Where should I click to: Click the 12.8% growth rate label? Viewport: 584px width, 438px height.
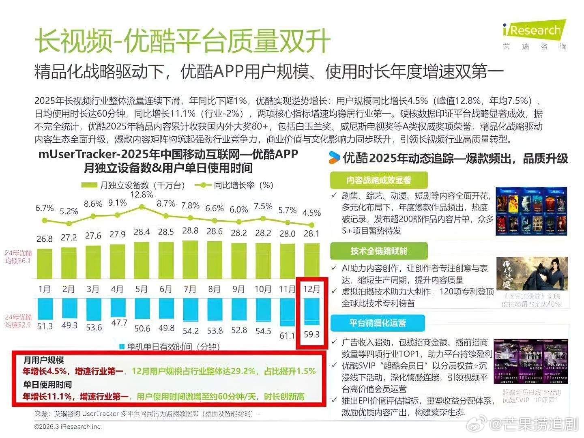pyautogui.click(x=142, y=195)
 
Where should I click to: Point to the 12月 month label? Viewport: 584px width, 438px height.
pyautogui.click(x=311, y=289)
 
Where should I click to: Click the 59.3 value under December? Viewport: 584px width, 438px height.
pyautogui.click(x=311, y=335)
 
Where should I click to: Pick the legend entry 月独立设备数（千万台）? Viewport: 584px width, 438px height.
pyautogui.click(x=134, y=185)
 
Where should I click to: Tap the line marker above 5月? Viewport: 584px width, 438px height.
pyautogui.click(x=142, y=207)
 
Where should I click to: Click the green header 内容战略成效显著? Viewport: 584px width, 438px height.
pyautogui.click(x=379, y=180)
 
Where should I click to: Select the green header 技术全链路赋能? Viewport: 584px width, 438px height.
pyautogui.click(x=379, y=251)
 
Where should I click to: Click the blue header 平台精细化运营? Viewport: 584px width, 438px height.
pyautogui.click(x=378, y=323)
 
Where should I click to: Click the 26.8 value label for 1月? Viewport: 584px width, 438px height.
pyautogui.click(x=45, y=239)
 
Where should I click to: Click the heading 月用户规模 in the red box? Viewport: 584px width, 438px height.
pyautogui.click(x=44, y=360)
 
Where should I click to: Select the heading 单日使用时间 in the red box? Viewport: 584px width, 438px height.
pyautogui.click(x=47, y=384)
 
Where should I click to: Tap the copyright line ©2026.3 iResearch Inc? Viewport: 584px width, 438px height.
pyautogui.click(x=68, y=427)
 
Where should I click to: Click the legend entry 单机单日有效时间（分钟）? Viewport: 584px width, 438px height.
pyautogui.click(x=170, y=347)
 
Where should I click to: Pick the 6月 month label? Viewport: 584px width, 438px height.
pyautogui.click(x=166, y=289)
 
